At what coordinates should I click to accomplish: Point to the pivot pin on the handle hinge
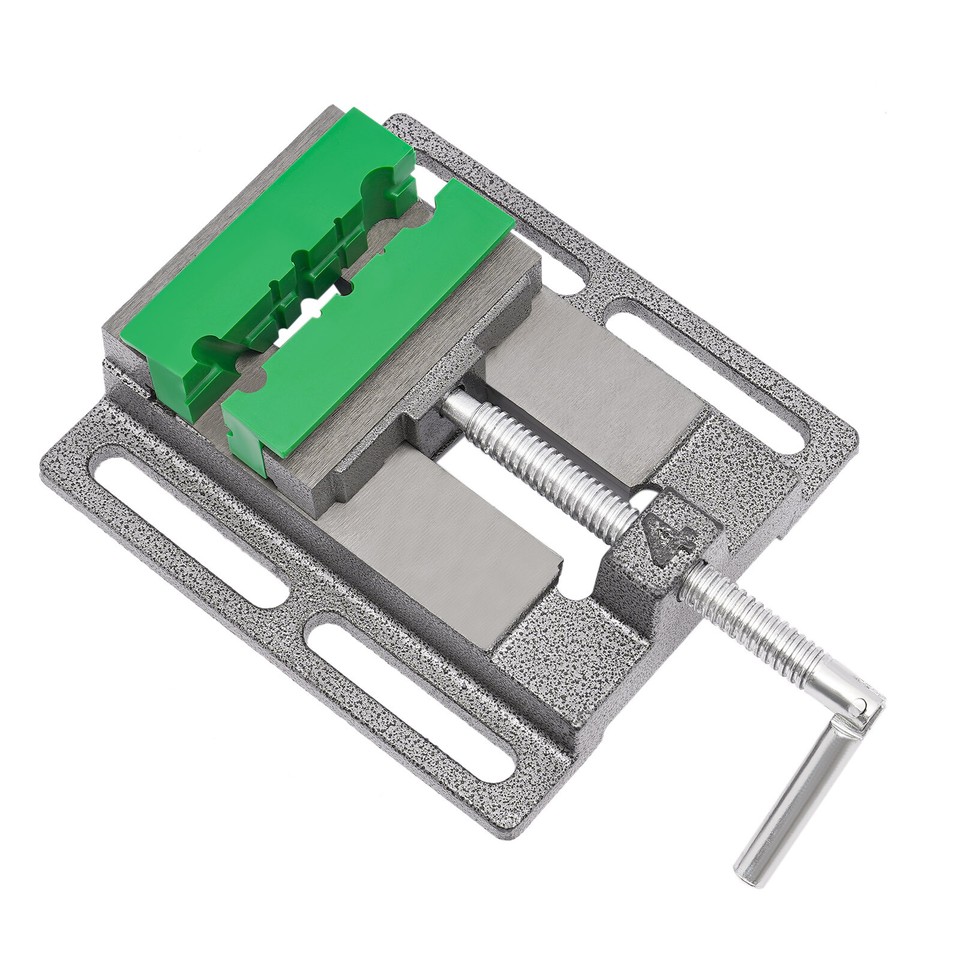click(858, 707)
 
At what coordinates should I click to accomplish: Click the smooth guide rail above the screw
click(590, 390)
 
